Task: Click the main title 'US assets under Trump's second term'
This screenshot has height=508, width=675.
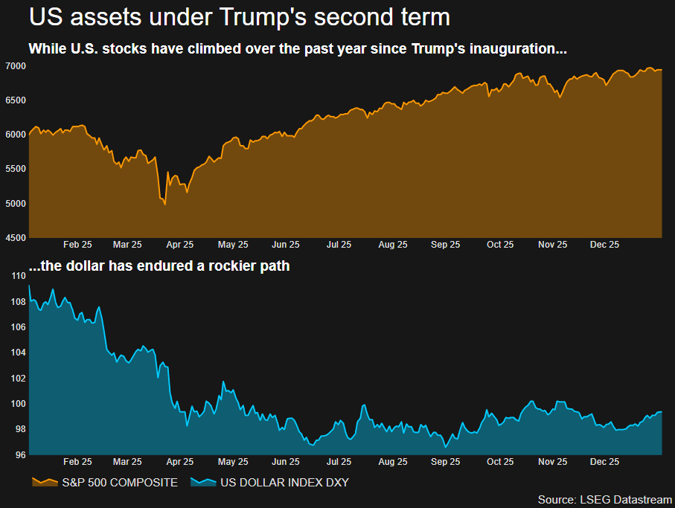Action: (239, 16)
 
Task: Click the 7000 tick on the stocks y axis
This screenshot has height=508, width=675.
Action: (15, 66)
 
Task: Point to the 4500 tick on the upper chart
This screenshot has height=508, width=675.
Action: (15, 237)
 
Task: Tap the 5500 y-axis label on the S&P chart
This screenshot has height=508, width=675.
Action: (15, 169)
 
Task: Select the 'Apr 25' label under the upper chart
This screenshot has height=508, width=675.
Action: (179, 244)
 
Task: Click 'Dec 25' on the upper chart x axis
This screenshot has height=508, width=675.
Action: (604, 244)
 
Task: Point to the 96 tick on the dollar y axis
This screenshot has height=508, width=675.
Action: (20, 455)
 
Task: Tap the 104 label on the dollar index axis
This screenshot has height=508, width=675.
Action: (19, 353)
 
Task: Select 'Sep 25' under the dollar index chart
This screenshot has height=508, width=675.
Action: (445, 462)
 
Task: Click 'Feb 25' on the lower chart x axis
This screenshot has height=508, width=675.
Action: (77, 462)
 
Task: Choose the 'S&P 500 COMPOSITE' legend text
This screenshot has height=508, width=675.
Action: (120, 483)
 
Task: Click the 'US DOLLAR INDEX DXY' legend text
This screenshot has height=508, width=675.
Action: (284, 483)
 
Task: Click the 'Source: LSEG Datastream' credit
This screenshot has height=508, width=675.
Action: (604, 498)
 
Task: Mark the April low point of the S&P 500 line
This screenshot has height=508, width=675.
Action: (164, 204)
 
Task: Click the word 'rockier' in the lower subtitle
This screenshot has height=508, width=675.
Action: (209, 266)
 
